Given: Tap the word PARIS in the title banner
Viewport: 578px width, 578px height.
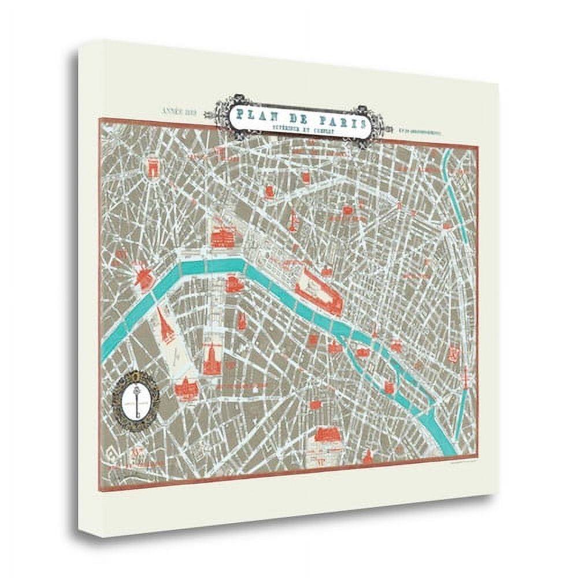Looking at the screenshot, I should (x=338, y=122).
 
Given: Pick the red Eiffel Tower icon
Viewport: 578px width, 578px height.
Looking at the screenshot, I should (x=166, y=325).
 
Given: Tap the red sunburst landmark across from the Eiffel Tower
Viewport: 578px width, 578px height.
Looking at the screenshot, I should (x=142, y=276).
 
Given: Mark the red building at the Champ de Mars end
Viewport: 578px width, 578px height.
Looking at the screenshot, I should (x=186, y=388).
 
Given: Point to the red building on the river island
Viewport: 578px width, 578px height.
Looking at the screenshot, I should (x=362, y=352).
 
